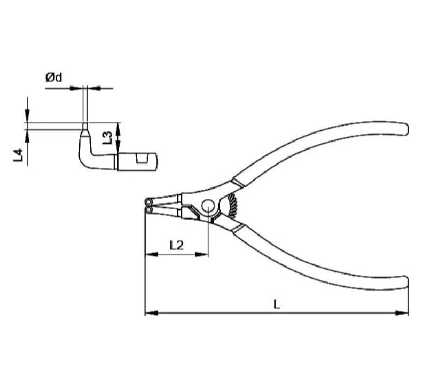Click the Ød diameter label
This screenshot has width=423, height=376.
point(54,78)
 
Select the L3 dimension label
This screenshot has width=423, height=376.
point(107,137)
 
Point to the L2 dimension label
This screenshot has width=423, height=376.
point(176,245)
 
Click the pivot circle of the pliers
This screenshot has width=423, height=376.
point(208,206)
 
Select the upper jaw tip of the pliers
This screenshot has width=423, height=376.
point(148,201)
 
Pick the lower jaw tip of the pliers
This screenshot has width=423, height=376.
point(148,210)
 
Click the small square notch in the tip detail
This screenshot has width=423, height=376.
point(142,159)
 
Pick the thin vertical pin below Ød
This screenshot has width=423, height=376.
point(84,107)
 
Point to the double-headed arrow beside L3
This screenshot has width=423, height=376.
point(118,137)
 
